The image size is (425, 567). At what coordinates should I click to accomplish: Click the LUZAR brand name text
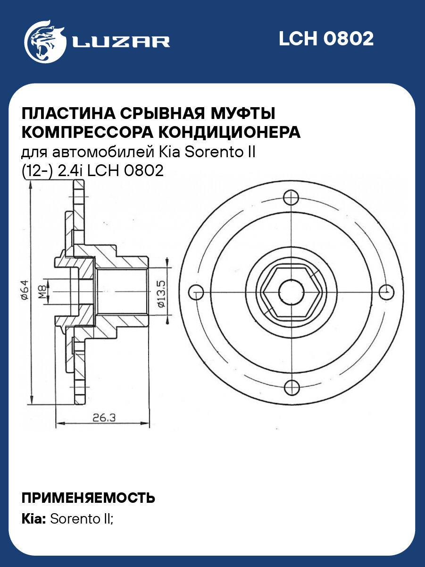point(121,42)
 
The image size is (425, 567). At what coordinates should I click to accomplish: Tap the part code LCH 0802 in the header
point(326,39)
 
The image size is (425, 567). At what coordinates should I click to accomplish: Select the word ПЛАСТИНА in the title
point(67,114)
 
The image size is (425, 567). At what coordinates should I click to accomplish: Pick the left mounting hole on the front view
point(196,292)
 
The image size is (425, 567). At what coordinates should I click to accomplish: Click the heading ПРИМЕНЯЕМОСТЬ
point(89,498)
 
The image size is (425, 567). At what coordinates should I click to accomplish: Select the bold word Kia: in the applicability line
point(34,519)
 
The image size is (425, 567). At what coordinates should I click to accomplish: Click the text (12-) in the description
point(37,171)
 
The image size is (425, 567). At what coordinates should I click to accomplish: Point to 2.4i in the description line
point(70,171)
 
